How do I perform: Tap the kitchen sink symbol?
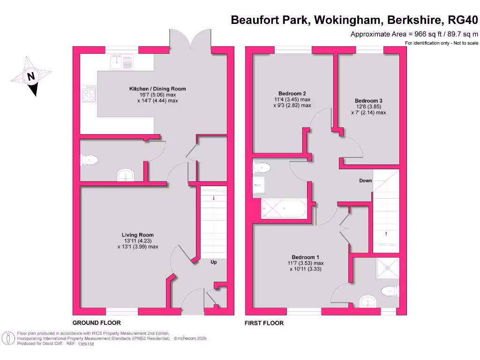[x=122, y=61]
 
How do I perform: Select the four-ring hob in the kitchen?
[x=89, y=95]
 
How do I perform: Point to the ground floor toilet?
[x=89, y=161]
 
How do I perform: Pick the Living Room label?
[x=137, y=235]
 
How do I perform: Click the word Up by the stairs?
[x=213, y=262]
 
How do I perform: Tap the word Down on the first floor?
[x=366, y=180]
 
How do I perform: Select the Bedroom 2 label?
[x=292, y=93]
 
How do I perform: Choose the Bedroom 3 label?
[x=368, y=101]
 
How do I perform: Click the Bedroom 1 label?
[x=306, y=257]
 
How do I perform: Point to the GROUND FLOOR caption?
[x=97, y=323]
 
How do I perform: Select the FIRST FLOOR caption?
[x=264, y=323]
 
